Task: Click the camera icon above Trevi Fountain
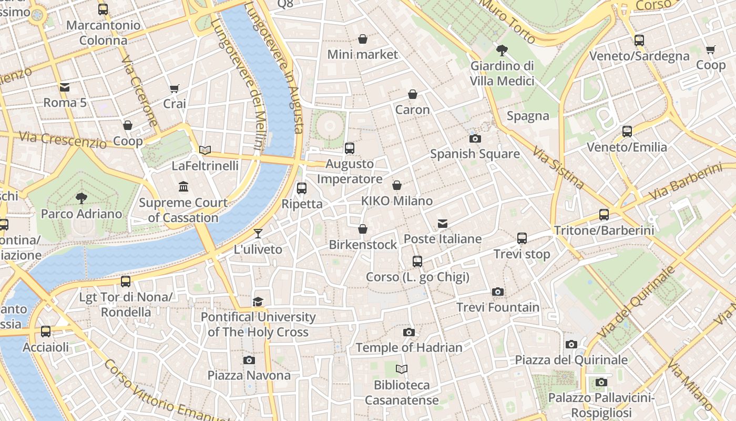click(x=497, y=292)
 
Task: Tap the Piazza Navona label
click(x=249, y=375)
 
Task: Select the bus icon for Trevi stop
click(x=522, y=238)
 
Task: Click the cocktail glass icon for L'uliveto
click(x=258, y=234)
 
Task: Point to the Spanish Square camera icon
click(x=475, y=139)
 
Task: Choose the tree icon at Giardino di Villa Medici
click(x=502, y=51)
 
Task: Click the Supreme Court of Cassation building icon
click(x=183, y=187)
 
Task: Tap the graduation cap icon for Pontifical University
click(x=258, y=302)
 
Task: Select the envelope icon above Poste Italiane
click(x=443, y=224)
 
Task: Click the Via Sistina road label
click(x=558, y=168)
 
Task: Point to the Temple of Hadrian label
click(x=409, y=348)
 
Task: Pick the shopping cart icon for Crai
click(x=174, y=88)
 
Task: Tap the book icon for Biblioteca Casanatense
click(x=402, y=369)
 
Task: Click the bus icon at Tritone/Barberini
click(x=604, y=215)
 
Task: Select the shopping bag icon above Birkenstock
click(x=362, y=229)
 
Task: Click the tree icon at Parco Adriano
click(x=81, y=198)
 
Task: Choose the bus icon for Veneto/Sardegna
click(x=639, y=41)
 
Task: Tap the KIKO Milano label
click(x=397, y=201)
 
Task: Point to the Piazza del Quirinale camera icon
click(x=571, y=345)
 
